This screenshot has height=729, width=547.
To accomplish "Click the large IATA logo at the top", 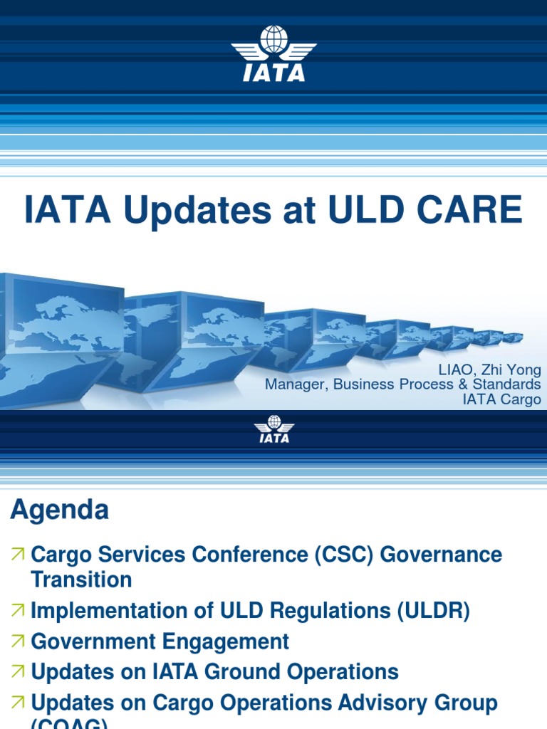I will click(x=273, y=53).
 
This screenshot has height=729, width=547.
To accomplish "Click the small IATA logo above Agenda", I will click(x=273, y=429).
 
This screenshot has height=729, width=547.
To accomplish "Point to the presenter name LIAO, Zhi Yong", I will click(x=495, y=370).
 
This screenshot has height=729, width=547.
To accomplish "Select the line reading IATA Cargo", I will click(x=501, y=399).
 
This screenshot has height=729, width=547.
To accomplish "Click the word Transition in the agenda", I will click(x=81, y=579).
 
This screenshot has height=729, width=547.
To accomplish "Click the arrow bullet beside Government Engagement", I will click(x=18, y=641).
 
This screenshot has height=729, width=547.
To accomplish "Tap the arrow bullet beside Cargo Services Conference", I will click(x=18, y=554).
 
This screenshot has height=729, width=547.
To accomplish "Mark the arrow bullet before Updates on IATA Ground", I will click(x=18, y=672).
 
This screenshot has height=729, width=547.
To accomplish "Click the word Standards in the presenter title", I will click(x=509, y=384).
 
